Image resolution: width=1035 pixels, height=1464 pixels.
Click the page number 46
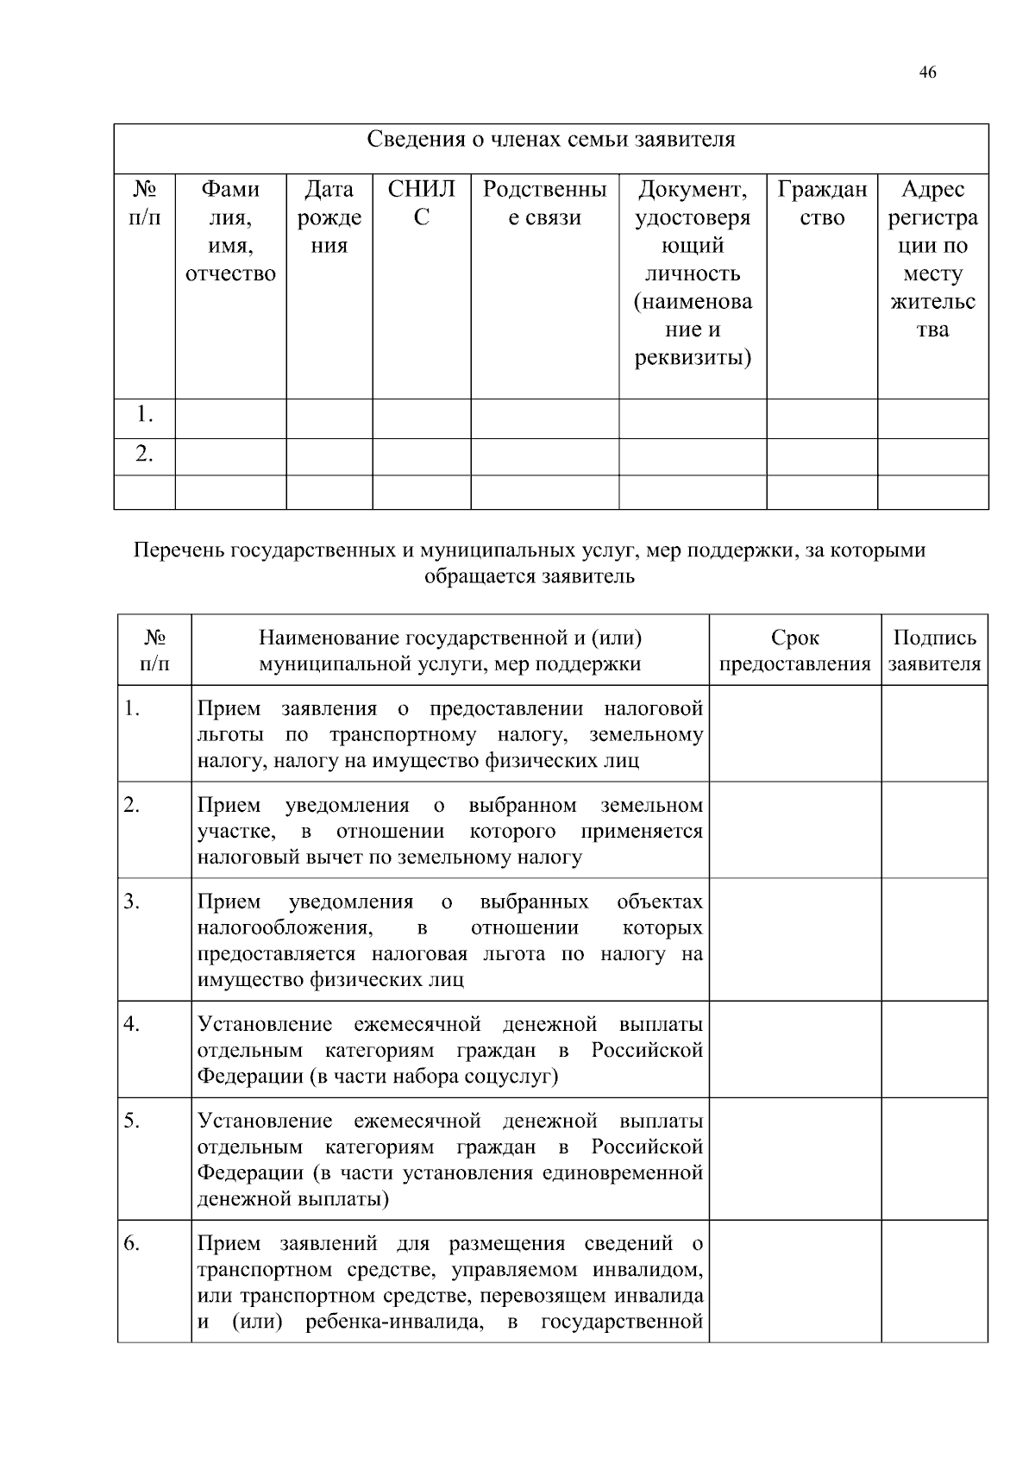(x=927, y=72)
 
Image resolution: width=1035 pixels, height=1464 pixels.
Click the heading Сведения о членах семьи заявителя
(x=551, y=140)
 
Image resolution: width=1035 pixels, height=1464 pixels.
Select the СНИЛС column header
(x=421, y=204)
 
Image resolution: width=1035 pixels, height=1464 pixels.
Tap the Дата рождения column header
(x=329, y=217)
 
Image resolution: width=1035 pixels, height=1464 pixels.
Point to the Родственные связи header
(x=544, y=204)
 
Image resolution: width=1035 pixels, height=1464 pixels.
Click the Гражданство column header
(x=822, y=204)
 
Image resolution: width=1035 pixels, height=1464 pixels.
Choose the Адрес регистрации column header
(x=932, y=259)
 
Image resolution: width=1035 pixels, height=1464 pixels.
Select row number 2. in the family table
(x=144, y=454)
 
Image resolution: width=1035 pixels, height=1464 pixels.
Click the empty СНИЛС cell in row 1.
(x=421, y=418)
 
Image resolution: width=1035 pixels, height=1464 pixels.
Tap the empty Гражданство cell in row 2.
(x=822, y=456)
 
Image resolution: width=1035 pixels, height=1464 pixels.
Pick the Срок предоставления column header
(x=794, y=651)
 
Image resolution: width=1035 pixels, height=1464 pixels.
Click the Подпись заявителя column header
(x=934, y=651)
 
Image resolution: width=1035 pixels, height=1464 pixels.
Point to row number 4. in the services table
(x=131, y=1025)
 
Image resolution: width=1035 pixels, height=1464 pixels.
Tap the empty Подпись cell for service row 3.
(x=934, y=939)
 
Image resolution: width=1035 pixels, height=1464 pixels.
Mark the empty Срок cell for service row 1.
(x=794, y=733)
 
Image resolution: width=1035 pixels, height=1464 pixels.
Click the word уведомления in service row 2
(x=347, y=806)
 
